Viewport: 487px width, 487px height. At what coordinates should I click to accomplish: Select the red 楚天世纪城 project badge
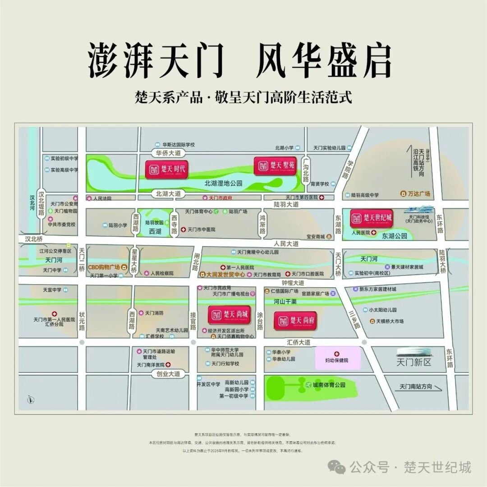pos(372,218)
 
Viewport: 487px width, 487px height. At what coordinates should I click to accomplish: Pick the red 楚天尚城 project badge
pos(229,315)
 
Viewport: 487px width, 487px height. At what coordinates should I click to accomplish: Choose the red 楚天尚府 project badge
pos(295,320)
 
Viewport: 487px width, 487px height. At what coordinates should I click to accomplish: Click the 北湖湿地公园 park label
pos(223,184)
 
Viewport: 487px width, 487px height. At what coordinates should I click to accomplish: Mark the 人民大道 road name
pos(286,243)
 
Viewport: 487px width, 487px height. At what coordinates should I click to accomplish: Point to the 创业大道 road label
pos(168,374)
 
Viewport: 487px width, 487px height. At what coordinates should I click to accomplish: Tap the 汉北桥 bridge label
pos(34,239)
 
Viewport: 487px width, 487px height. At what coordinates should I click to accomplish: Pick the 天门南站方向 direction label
pos(416,387)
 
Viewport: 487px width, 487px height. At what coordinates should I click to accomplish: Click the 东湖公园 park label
pos(395,236)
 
